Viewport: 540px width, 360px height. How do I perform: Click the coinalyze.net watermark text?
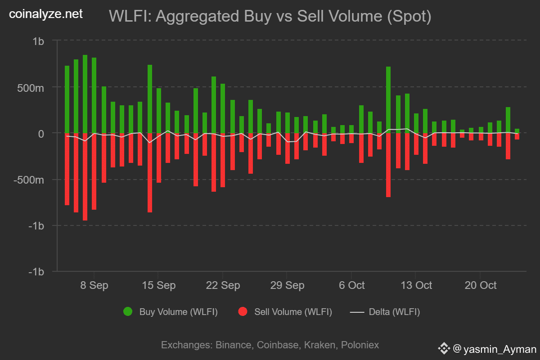pyautogui.click(x=46, y=14)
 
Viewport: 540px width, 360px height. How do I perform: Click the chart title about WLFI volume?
pyautogui.click(x=270, y=17)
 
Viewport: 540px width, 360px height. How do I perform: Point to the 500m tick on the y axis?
pyautogui.click(x=34, y=87)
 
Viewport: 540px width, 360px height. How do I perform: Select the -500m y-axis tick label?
pyautogui.click(x=31, y=180)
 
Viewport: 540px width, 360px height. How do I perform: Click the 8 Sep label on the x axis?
pyautogui.click(x=94, y=285)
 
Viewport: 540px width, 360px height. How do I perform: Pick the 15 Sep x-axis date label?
pyautogui.click(x=158, y=285)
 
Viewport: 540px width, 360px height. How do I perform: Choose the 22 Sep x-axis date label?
pyautogui.click(x=223, y=285)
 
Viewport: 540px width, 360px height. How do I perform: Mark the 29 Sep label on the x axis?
pyautogui.click(x=287, y=285)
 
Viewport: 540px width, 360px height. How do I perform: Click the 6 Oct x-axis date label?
pyautogui.click(x=351, y=285)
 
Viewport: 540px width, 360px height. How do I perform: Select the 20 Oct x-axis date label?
pyautogui.click(x=480, y=285)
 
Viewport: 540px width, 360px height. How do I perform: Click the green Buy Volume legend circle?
pyautogui.click(x=128, y=312)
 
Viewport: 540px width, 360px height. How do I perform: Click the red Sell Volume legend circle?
pyautogui.click(x=243, y=312)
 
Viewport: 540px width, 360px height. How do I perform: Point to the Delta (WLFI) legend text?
pyautogui.click(x=394, y=312)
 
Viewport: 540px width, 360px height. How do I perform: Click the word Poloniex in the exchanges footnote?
pyautogui.click(x=360, y=345)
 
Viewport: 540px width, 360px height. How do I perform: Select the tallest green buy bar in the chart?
pyautogui.click(x=85, y=94)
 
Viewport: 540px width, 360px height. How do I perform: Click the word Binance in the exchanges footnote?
pyautogui.click(x=234, y=345)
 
